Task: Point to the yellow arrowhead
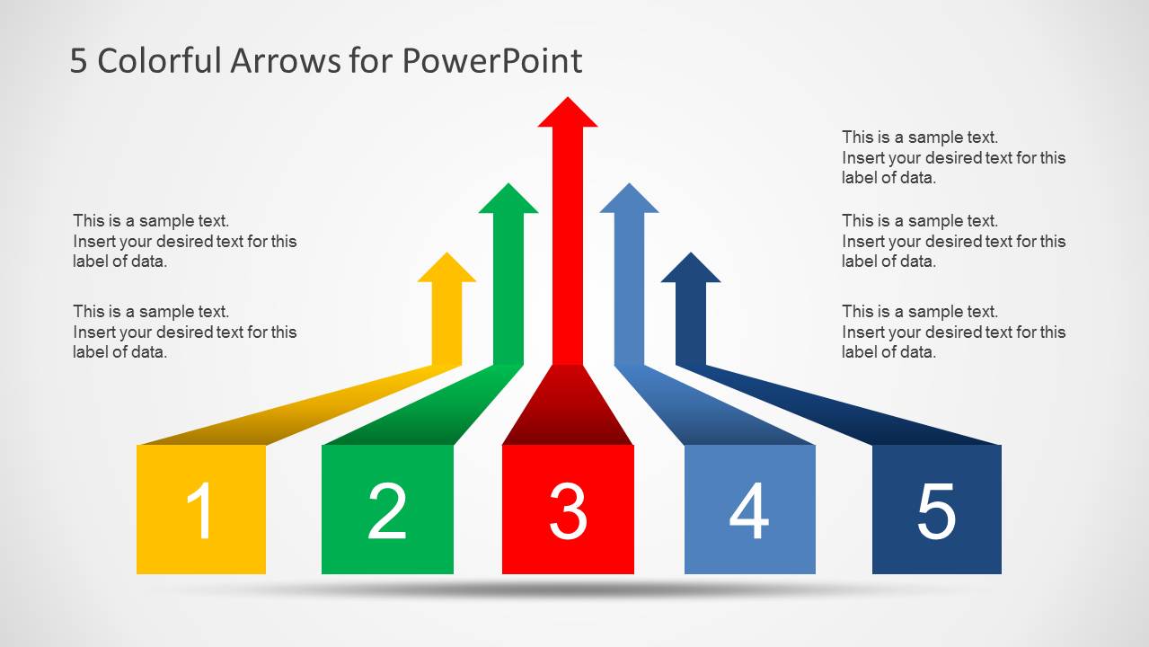[x=446, y=270]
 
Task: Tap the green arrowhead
[x=508, y=199]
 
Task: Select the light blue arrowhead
[x=629, y=199]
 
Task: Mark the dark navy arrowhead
[x=691, y=270]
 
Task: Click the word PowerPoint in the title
[x=491, y=61]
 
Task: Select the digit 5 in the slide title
[x=79, y=61]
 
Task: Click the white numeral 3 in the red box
[x=568, y=510]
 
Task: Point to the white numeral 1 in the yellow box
[x=201, y=510]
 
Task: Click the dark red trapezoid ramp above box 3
[x=568, y=409]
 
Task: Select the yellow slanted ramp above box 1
[x=296, y=412]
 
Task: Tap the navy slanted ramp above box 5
[x=844, y=412]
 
